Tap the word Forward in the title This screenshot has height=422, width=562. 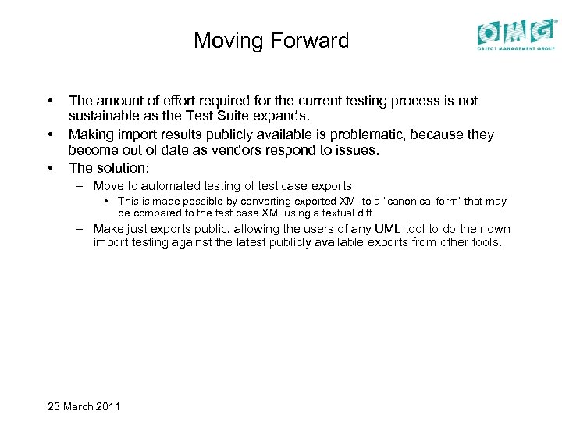pyautogui.click(x=310, y=41)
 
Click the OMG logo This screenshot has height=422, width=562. pyautogui.click(x=518, y=34)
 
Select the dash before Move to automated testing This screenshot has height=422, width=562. pyautogui.click(x=80, y=186)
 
